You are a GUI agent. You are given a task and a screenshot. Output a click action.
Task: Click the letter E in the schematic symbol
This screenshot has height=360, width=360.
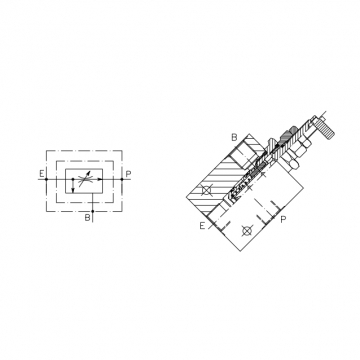[x=42, y=174]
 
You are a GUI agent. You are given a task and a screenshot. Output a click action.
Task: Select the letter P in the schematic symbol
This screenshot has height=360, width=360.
[x=129, y=174]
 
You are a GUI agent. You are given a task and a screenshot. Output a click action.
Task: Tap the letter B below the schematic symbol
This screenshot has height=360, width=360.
[x=87, y=218]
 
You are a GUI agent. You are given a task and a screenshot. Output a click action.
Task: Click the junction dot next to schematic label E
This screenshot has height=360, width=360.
[x=47, y=179]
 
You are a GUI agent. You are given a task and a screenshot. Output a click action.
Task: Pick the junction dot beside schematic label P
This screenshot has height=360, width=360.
[x=122, y=179]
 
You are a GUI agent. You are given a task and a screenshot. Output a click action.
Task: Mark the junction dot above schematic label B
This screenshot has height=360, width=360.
[x=93, y=211]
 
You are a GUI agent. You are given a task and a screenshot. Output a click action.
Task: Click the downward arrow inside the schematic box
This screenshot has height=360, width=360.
[x=73, y=186]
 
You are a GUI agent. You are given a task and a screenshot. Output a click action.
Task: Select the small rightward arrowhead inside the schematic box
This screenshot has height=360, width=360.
[x=99, y=179]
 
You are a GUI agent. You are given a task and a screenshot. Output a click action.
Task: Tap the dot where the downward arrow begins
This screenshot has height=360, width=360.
[x=73, y=179]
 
